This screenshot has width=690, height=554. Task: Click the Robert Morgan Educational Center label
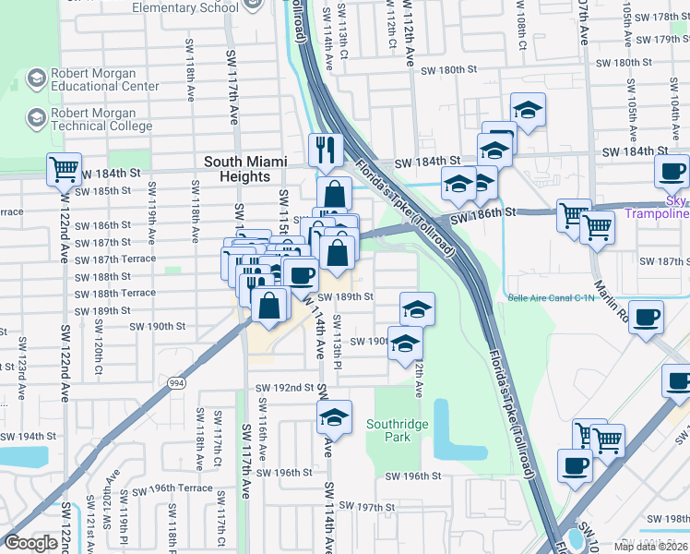104,79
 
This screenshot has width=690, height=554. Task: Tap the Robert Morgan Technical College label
101,119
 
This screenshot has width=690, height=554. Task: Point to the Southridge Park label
399,430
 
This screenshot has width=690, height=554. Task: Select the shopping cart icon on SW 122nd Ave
65,170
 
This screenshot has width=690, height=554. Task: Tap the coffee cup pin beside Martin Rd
647,319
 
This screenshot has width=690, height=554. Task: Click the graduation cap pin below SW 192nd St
334,416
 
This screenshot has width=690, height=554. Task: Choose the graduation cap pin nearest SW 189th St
417,307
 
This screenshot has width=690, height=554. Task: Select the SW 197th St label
366,507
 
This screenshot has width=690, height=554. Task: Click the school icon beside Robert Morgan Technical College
37,118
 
